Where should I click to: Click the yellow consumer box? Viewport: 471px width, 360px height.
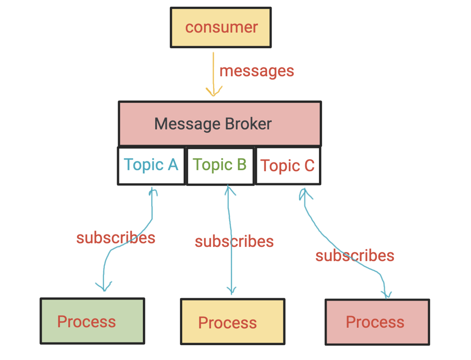coord(221,27)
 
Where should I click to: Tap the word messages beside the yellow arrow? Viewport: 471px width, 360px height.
coord(256,71)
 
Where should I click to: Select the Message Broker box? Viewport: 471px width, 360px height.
coord(220,124)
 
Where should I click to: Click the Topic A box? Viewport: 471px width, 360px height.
coord(151,166)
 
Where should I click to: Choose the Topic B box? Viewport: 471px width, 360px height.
coord(220,166)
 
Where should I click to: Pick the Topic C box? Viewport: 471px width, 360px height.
coord(288,166)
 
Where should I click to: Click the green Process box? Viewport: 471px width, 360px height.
coord(92,321)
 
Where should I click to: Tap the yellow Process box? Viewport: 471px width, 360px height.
coord(232,322)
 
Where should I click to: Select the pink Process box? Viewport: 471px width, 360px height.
coord(377,322)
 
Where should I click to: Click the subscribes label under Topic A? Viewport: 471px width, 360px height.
coord(116,238)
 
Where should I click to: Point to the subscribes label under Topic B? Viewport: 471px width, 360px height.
coord(234,242)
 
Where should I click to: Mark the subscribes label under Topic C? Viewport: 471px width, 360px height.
coord(355,256)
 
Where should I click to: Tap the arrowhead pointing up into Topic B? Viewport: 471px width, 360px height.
coord(229,190)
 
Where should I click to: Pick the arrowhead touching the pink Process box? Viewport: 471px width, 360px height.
coord(386,295)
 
